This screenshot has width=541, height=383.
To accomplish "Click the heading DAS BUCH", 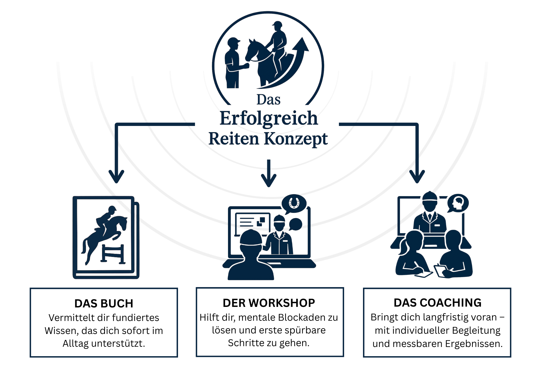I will [x=104, y=303].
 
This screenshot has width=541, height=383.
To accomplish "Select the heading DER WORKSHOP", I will [x=269, y=303].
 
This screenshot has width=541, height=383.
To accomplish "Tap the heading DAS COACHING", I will [x=437, y=303].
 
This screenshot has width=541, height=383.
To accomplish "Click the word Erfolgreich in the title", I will [x=269, y=118].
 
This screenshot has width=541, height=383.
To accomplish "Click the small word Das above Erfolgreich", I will [x=268, y=99].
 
